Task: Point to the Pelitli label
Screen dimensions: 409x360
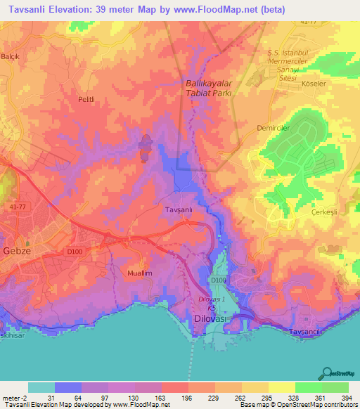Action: pos(86,100)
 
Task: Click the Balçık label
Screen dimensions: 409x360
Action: pos(11,56)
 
